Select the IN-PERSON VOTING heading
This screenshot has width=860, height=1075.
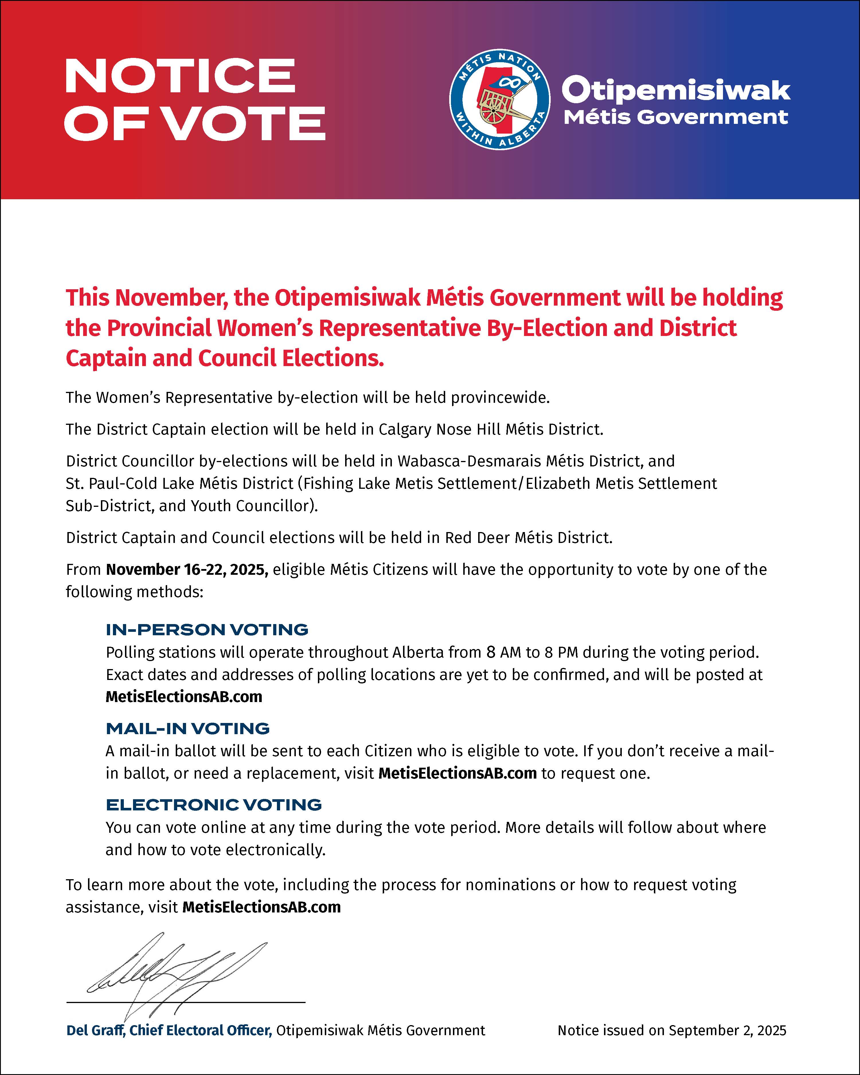[x=207, y=630]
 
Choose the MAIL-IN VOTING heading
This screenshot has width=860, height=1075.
[x=187, y=728]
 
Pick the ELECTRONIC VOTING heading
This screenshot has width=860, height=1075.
[x=213, y=805]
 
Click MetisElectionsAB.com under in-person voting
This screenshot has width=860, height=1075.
[x=183, y=697]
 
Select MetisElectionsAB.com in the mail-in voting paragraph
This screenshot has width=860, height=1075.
[x=457, y=773]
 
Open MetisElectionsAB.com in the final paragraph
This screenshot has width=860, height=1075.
[x=261, y=907]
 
